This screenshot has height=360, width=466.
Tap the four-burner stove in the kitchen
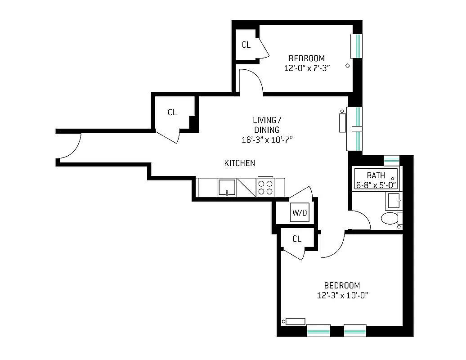coord(265,187)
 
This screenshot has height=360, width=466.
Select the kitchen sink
coord(227,187)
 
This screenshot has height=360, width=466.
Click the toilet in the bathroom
coord(390,219)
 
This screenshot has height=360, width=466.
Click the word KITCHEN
coord(240,163)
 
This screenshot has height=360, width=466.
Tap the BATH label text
coord(376,175)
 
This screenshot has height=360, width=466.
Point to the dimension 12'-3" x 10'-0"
coord(342,296)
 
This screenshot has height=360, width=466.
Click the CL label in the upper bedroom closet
coord(246,45)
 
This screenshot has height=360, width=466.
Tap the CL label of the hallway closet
coord(172,112)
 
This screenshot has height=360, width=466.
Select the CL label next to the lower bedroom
coord(296,239)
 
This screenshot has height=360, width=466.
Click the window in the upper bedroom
coord(357,46)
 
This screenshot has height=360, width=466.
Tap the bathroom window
coord(391,160)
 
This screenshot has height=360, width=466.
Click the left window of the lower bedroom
coord(318,330)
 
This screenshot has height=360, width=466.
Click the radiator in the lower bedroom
coord(295,321)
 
